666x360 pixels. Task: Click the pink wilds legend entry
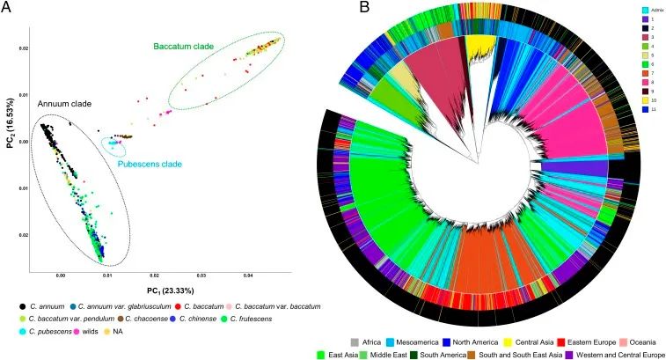pyautogui.click(x=75, y=330)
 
